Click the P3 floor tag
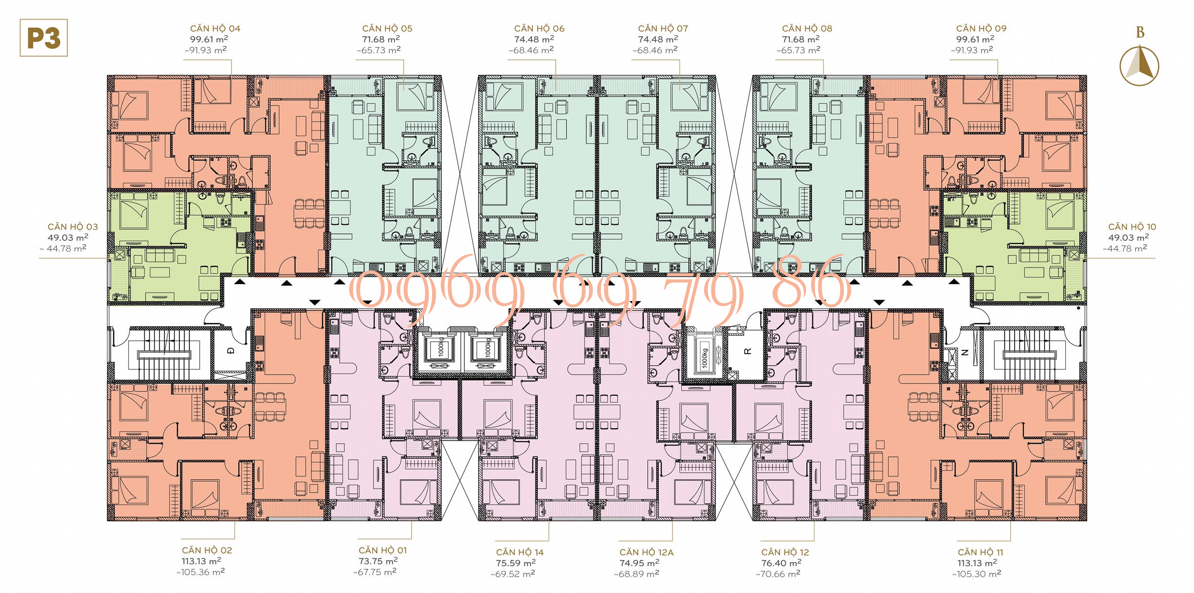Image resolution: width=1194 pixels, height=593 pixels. pyautogui.click(x=43, y=38)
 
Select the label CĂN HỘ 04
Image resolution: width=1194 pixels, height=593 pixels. pyautogui.click(x=215, y=28)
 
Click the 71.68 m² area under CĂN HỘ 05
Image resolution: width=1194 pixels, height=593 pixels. pyautogui.click(x=381, y=39)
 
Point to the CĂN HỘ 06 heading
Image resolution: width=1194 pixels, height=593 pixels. pyautogui.click(x=539, y=28)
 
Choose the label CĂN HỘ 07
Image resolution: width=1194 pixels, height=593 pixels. pyautogui.click(x=663, y=28)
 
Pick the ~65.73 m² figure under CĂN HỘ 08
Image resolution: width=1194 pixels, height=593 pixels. pyautogui.click(x=798, y=50)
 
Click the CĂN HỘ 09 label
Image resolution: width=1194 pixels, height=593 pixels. pyautogui.click(x=981, y=28)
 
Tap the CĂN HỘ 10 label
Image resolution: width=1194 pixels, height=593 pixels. pyautogui.click(x=1132, y=227)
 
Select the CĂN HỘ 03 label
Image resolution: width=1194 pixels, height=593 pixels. pyautogui.click(x=73, y=227)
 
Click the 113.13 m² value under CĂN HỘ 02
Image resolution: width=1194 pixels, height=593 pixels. pyautogui.click(x=201, y=561)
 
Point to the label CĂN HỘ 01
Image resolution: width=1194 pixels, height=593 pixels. pyautogui.click(x=382, y=550)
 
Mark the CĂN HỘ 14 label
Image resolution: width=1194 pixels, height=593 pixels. pyautogui.click(x=520, y=552)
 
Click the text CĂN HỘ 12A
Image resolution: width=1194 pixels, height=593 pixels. pyautogui.click(x=646, y=552)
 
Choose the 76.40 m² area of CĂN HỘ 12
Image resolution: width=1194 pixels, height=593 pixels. pyautogui.click(x=781, y=563)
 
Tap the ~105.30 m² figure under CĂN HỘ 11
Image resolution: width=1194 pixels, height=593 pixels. pyautogui.click(x=977, y=574)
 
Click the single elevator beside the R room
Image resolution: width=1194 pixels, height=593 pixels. pyautogui.click(x=705, y=357)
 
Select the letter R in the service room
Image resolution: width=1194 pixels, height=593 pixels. pyautogui.click(x=747, y=351)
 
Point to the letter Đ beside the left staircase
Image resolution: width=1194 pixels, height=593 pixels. pyautogui.click(x=231, y=351)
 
